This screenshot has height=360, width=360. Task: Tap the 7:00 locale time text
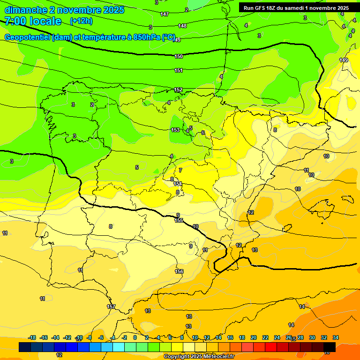tap(33, 21)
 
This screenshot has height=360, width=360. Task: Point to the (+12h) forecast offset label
tap(81, 21)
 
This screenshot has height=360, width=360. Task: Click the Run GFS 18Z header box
tap(296, 7)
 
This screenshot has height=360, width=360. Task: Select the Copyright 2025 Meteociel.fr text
tap(199, 357)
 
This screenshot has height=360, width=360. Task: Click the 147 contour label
tap(165, 14)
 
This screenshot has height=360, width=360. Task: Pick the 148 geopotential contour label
tap(182, 26)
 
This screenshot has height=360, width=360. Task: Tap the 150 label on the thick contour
tap(179, 56)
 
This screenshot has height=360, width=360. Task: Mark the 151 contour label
tap(179, 70)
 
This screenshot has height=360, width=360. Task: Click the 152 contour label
tap(179, 90)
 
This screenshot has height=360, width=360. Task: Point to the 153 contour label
tap(175, 130)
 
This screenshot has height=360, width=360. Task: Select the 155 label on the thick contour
tap(179, 220)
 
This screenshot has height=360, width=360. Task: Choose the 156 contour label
tap(179, 271)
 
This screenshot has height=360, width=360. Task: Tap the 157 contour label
tap(111, 307)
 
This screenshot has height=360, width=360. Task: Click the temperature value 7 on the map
tap(180, 170)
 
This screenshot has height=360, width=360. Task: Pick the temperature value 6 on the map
tap(203, 133)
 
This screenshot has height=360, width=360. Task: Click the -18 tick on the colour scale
tap(32, 337)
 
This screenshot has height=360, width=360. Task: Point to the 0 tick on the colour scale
tap(135, 337)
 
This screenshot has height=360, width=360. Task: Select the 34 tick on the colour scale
tap(336, 337)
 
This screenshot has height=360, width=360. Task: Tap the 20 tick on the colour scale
tap(254, 337)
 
